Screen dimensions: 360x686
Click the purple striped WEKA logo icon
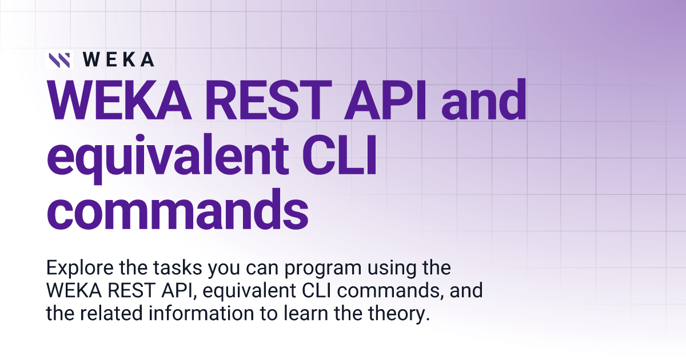(x=59, y=59)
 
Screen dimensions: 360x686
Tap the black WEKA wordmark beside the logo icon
(x=118, y=59)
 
